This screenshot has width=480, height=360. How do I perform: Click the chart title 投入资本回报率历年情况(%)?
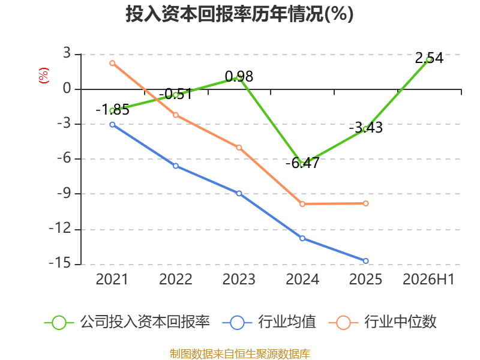(x=239, y=14)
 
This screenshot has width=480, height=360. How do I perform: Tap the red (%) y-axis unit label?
(x=43, y=76)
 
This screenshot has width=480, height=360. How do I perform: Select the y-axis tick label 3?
(x=67, y=53)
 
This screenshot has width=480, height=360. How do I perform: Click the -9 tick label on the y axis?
(x=64, y=193)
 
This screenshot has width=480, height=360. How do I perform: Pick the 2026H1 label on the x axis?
(x=428, y=279)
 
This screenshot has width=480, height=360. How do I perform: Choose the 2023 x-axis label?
(x=239, y=279)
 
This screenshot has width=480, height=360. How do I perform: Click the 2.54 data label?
(x=429, y=58)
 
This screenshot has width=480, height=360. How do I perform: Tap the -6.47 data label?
(x=302, y=163)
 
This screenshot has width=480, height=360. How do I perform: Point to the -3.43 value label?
(x=366, y=127)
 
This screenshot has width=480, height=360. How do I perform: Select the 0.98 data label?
(x=239, y=77)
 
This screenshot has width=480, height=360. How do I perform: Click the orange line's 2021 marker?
(x=112, y=63)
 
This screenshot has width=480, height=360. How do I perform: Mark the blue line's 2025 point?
(x=366, y=261)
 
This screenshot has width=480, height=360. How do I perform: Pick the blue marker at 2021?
(x=112, y=125)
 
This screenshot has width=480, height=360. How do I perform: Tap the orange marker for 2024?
(x=302, y=204)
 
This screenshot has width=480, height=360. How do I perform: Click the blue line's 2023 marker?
(x=239, y=193)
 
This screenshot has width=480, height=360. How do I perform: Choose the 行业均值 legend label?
(x=287, y=322)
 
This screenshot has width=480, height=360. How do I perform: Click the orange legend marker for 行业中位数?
(x=343, y=323)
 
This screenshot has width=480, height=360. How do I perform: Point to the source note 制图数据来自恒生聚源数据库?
(x=240, y=354)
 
